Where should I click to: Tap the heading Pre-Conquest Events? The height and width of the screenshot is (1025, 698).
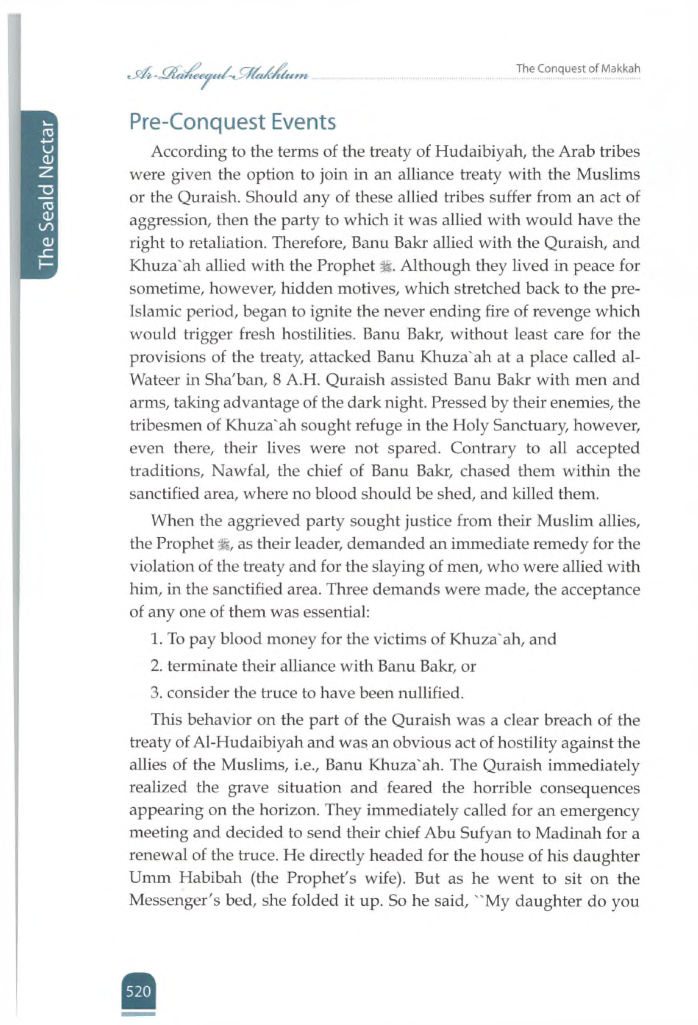pos(232,122)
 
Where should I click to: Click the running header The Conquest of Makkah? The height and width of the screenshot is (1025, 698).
pos(578,69)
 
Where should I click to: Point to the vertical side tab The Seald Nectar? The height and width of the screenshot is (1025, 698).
pos(46,194)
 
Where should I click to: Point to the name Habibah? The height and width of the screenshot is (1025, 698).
pos(211,878)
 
